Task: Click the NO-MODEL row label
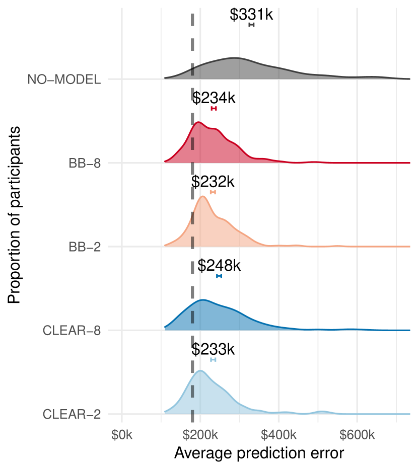(x=64, y=80)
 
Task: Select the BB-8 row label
(x=85, y=164)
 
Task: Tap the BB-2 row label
(x=85, y=247)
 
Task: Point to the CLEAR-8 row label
(x=72, y=331)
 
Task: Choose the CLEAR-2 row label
(x=72, y=415)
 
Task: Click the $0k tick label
(x=122, y=435)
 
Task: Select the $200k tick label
(x=200, y=435)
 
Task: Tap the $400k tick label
(x=278, y=435)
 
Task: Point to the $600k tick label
(x=357, y=435)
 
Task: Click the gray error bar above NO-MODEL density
(x=251, y=25)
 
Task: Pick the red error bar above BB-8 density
(x=214, y=109)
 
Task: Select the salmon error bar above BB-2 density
(x=213, y=192)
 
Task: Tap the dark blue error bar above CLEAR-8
(x=219, y=276)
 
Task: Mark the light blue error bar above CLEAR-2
(x=213, y=359)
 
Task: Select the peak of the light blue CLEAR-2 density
(x=200, y=371)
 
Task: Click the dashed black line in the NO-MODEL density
(x=192, y=71)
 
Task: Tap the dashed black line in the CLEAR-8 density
(x=192, y=318)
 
